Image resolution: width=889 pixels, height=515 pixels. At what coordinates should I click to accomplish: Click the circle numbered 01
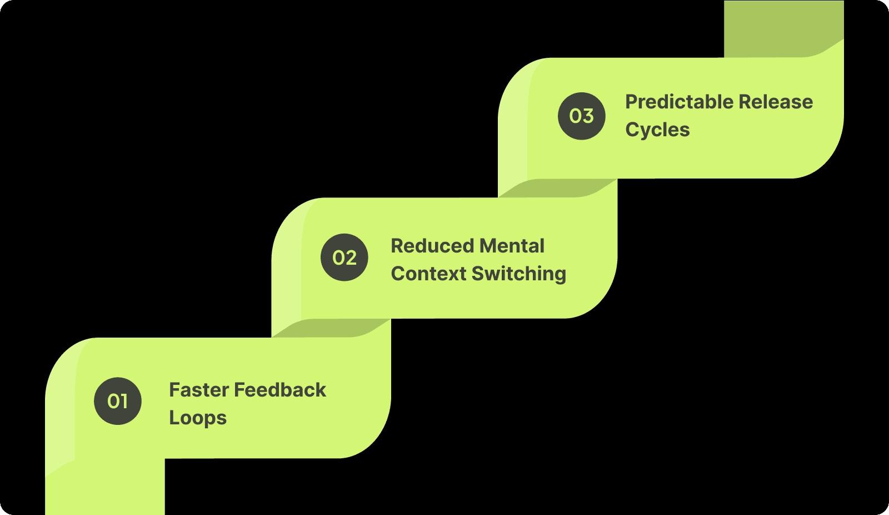(118, 401)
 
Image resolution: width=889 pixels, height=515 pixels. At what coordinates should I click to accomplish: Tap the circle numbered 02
(344, 257)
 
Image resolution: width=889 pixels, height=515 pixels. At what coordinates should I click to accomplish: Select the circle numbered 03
(582, 116)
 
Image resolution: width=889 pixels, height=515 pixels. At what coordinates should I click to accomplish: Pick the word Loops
(198, 418)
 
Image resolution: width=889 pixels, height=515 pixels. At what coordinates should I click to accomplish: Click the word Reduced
(432, 246)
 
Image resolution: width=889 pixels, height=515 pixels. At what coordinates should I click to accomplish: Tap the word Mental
(512, 246)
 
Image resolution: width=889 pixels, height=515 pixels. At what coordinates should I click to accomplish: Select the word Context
(428, 274)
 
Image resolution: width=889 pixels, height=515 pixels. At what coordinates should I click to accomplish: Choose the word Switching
(518, 274)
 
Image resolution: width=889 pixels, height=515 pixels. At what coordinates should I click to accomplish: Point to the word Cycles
(657, 130)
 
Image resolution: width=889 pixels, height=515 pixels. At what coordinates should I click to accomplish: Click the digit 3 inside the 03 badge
(588, 116)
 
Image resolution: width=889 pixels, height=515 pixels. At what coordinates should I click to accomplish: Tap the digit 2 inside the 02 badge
(351, 257)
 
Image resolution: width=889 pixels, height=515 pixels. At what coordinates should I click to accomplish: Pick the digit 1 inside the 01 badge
(124, 401)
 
